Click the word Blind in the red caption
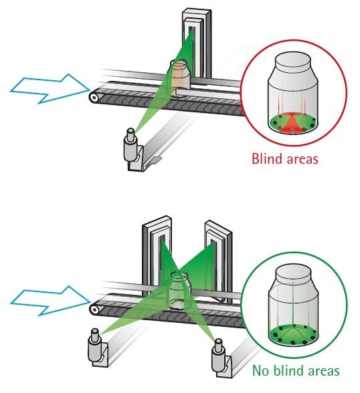pyautogui.click(x=268, y=158)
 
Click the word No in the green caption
pyautogui.click(x=261, y=370)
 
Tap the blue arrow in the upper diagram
pyautogui.click(x=50, y=88)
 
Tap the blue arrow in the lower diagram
pyautogui.click(x=50, y=301)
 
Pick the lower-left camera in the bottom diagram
pyautogui.click(x=97, y=347)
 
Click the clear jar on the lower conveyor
pyautogui.click(x=178, y=290)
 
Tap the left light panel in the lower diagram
pyautogui.click(x=157, y=253)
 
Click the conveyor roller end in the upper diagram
pyautogui.click(x=94, y=98)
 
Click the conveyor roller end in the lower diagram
pyautogui.click(x=94, y=310)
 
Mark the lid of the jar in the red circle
pyautogui.click(x=293, y=62)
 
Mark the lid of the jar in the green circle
pyautogui.click(x=294, y=273)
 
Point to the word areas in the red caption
pyautogui.click(x=302, y=160)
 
